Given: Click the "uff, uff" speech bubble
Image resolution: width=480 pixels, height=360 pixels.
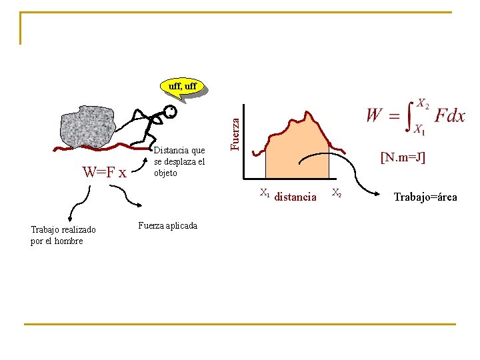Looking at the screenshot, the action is [181, 87].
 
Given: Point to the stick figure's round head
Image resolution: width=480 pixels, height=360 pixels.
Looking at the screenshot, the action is [171, 113].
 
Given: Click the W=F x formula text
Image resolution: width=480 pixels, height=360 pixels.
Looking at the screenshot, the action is [104, 173].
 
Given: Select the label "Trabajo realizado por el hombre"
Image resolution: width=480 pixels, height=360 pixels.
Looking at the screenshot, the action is [63, 235].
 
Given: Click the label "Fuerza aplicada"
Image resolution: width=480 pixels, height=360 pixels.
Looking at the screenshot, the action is [167, 225].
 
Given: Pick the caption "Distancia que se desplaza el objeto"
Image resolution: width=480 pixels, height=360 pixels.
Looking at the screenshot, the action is [179, 162].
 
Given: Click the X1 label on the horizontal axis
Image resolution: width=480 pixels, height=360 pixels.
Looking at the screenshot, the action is [265, 194].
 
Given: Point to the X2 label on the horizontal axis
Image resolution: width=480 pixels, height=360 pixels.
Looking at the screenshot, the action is [337, 194].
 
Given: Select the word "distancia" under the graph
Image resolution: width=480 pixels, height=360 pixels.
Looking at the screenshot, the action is [295, 197].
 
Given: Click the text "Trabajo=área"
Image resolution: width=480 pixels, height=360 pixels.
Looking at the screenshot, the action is [425, 197].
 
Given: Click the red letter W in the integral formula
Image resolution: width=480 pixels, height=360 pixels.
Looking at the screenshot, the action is [375, 116].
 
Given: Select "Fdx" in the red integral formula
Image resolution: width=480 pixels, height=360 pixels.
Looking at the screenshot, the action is [449, 115].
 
